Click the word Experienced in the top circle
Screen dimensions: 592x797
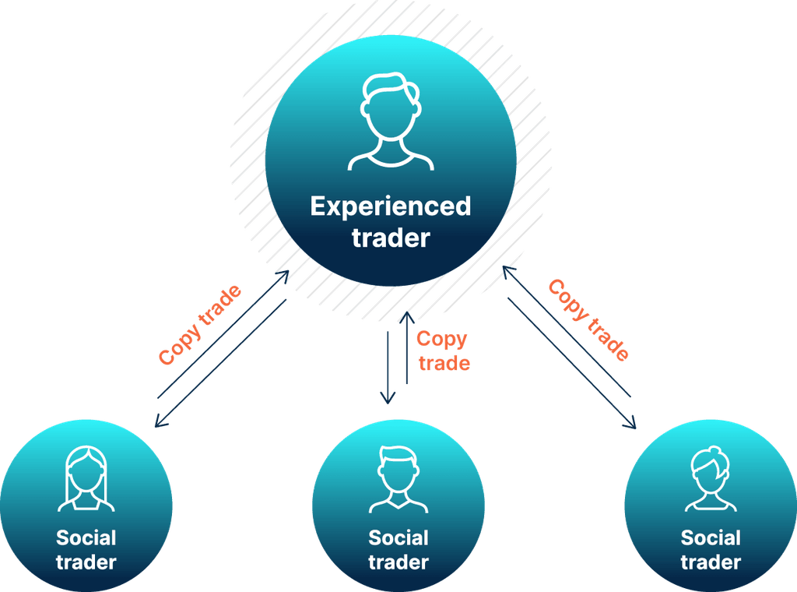tap(391, 206)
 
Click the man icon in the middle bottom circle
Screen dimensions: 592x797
tap(398, 480)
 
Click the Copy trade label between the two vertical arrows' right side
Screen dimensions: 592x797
tap(443, 351)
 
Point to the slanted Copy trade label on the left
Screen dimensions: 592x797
tap(199, 326)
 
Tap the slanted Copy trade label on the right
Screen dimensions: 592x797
tap(588, 319)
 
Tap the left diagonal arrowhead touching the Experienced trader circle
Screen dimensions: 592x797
tap(284, 274)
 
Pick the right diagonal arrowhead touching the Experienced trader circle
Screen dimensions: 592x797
tap(507, 270)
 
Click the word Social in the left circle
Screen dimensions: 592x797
tap(86, 537)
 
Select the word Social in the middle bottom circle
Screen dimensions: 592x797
tap(398, 537)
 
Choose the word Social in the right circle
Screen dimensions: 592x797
tap(711, 537)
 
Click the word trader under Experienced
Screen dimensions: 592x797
tap(391, 238)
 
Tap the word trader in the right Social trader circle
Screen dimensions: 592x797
tap(711, 562)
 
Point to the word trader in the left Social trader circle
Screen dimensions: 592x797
tap(86, 562)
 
